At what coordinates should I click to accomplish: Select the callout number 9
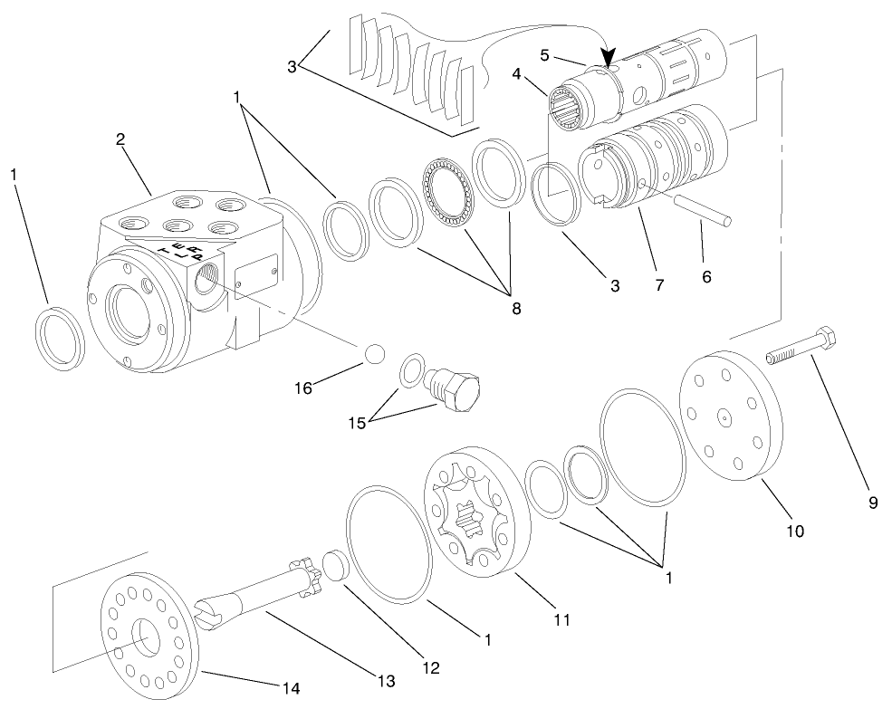click(873, 503)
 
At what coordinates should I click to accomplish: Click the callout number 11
click(561, 620)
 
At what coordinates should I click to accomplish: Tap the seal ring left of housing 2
click(60, 339)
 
